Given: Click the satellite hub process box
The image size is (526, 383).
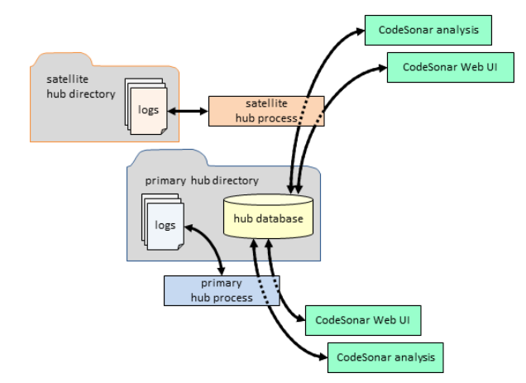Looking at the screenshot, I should (265, 110).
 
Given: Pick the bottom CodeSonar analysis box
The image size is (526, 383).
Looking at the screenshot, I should (385, 358).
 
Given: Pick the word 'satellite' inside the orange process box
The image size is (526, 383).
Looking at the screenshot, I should (265, 104).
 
